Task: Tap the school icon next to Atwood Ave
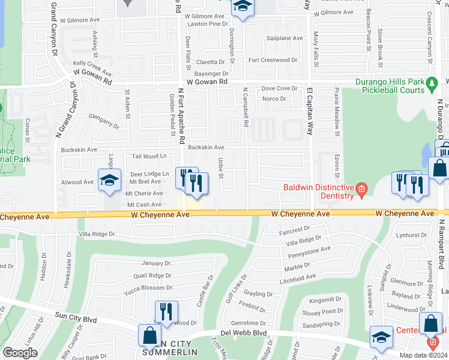109,181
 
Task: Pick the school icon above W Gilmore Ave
242,7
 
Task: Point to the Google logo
20,353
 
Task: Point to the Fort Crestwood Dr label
273,60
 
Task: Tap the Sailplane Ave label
285,38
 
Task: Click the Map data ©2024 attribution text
423,355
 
